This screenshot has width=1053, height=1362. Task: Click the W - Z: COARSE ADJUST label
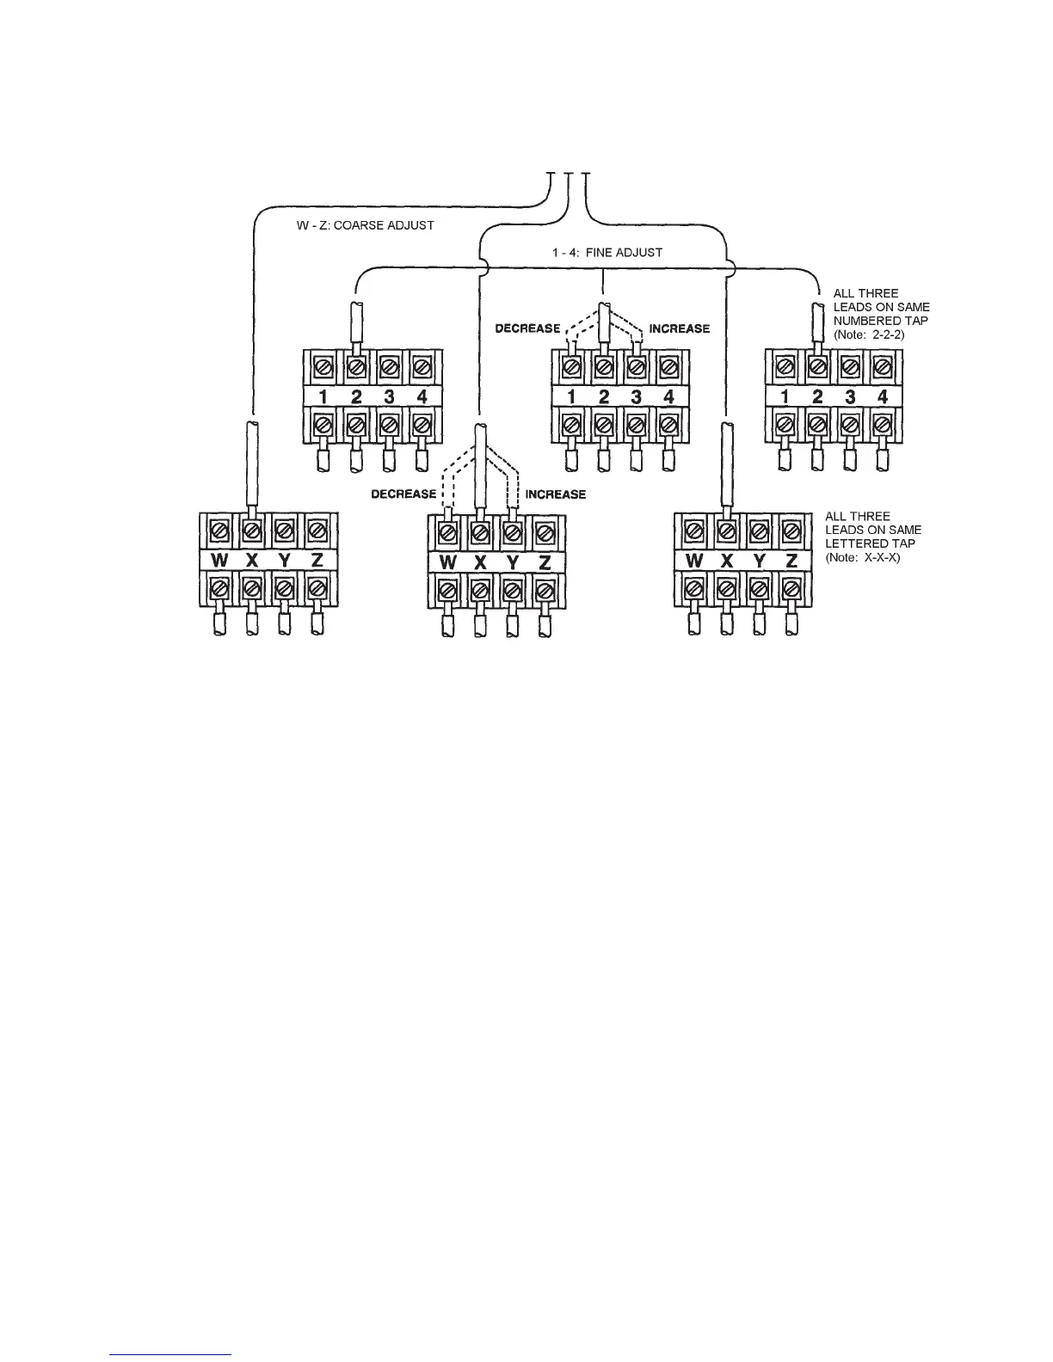coord(360,225)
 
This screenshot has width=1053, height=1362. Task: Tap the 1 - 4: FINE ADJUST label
coord(607,253)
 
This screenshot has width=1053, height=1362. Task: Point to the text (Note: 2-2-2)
coord(869,334)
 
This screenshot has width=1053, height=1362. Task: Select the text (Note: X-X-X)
coord(863,557)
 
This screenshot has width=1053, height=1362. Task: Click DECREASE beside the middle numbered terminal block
coord(527,328)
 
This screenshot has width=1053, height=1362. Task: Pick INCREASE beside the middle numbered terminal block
coord(680,328)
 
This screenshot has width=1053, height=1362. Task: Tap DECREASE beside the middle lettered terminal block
coord(403,494)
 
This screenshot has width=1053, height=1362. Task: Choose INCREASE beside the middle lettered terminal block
coord(556,494)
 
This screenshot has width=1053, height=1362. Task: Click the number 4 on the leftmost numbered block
coord(422,397)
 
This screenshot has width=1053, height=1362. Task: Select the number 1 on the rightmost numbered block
coord(784,397)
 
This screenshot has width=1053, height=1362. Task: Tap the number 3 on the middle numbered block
coord(636,397)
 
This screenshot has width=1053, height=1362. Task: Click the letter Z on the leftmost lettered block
coord(317,561)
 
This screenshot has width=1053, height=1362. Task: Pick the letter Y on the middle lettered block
coord(512,563)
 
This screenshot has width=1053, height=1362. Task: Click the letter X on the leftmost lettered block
coord(252,561)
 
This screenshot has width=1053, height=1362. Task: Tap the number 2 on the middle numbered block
coord(603,397)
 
